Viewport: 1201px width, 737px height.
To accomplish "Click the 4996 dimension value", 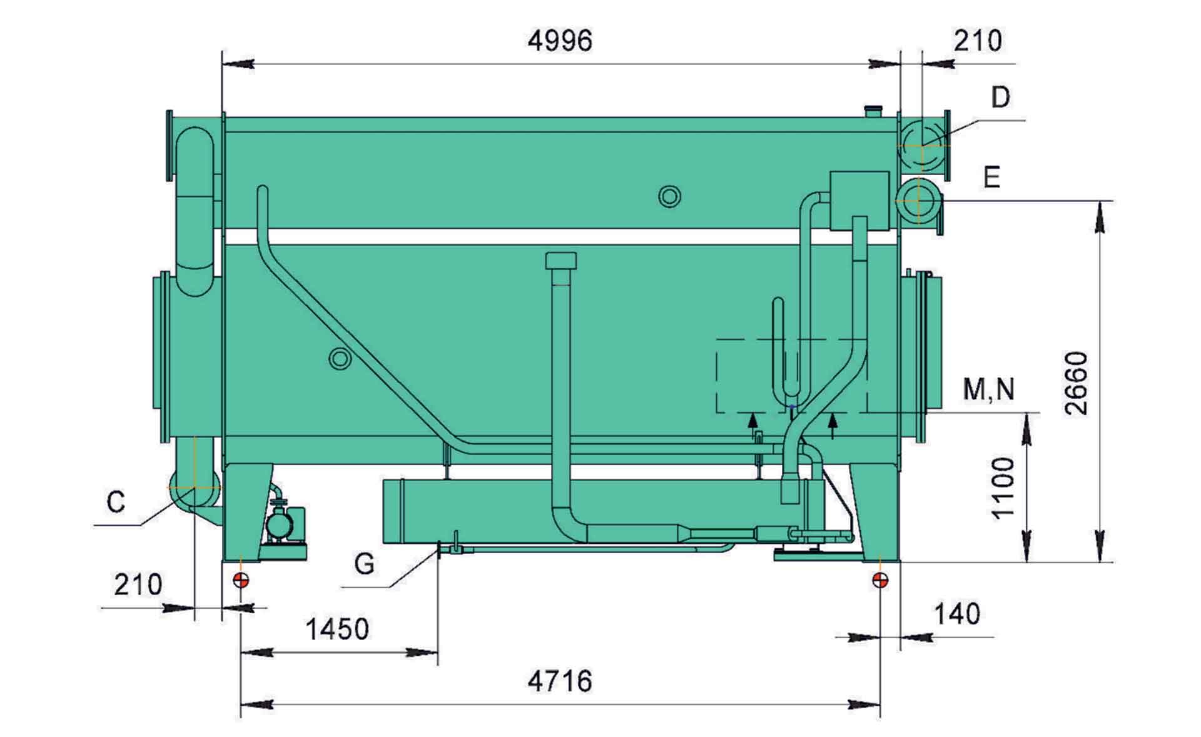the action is (560, 41).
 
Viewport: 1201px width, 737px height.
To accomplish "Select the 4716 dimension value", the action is (560, 681).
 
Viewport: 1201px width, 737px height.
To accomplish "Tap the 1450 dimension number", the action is (337, 629).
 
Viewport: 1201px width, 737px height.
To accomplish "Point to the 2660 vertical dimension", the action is (1077, 384).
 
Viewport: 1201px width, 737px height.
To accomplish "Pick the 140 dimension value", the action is (957, 614).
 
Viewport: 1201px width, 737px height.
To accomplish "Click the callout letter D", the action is (1000, 98).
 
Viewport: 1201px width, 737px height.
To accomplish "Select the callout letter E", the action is (991, 178).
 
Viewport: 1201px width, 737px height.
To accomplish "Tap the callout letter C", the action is (116, 502).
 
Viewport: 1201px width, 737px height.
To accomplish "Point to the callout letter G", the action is (364, 564).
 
